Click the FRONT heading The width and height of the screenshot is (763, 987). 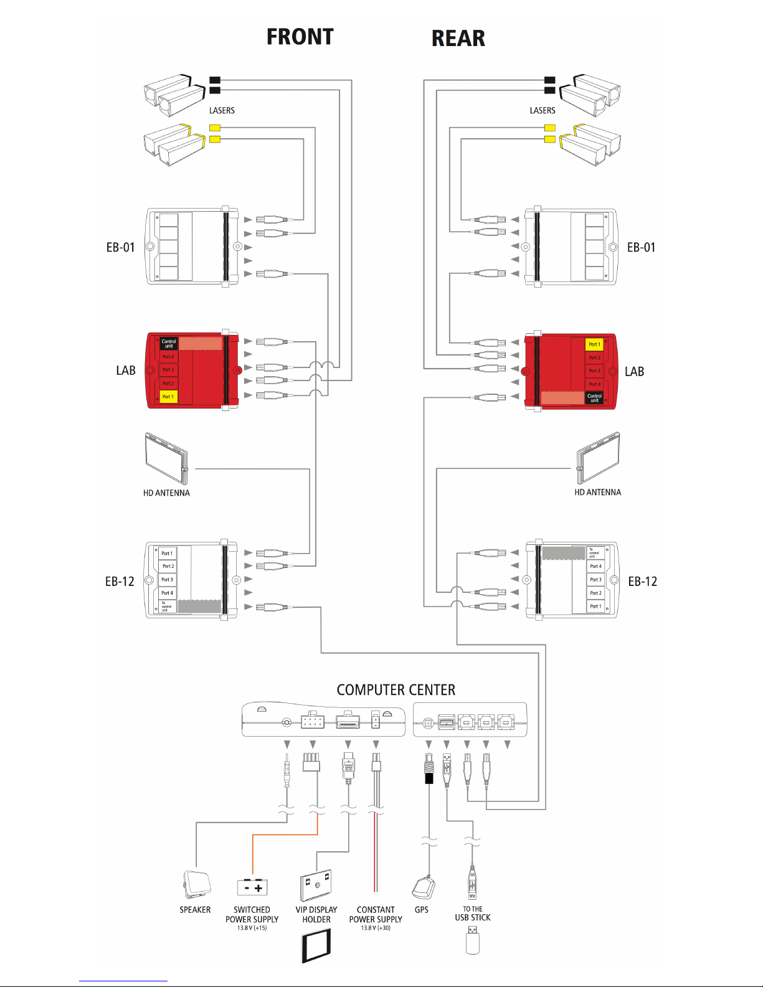click(300, 37)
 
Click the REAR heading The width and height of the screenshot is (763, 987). click(458, 38)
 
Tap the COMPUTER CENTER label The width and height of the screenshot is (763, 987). click(396, 690)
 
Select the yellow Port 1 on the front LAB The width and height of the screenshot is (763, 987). click(168, 397)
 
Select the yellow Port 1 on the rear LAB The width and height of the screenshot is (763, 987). click(595, 344)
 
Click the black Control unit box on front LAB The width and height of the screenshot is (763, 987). click(169, 343)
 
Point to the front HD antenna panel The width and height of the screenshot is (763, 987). click(166, 458)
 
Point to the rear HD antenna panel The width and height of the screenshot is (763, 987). click(599, 458)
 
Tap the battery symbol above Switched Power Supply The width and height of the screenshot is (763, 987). click(252, 887)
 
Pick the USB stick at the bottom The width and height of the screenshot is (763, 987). click(473, 940)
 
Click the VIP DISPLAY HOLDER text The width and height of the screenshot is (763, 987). click(316, 914)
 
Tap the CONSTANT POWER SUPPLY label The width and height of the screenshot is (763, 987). click(376, 914)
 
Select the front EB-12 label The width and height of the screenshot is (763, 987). click(120, 582)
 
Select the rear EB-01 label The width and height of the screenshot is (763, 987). click(641, 247)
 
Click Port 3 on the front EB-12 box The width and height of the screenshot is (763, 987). click(168, 580)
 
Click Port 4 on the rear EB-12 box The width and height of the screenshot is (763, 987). click(595, 567)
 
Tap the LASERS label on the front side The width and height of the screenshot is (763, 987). click(222, 110)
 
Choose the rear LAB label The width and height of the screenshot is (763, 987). click(634, 372)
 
